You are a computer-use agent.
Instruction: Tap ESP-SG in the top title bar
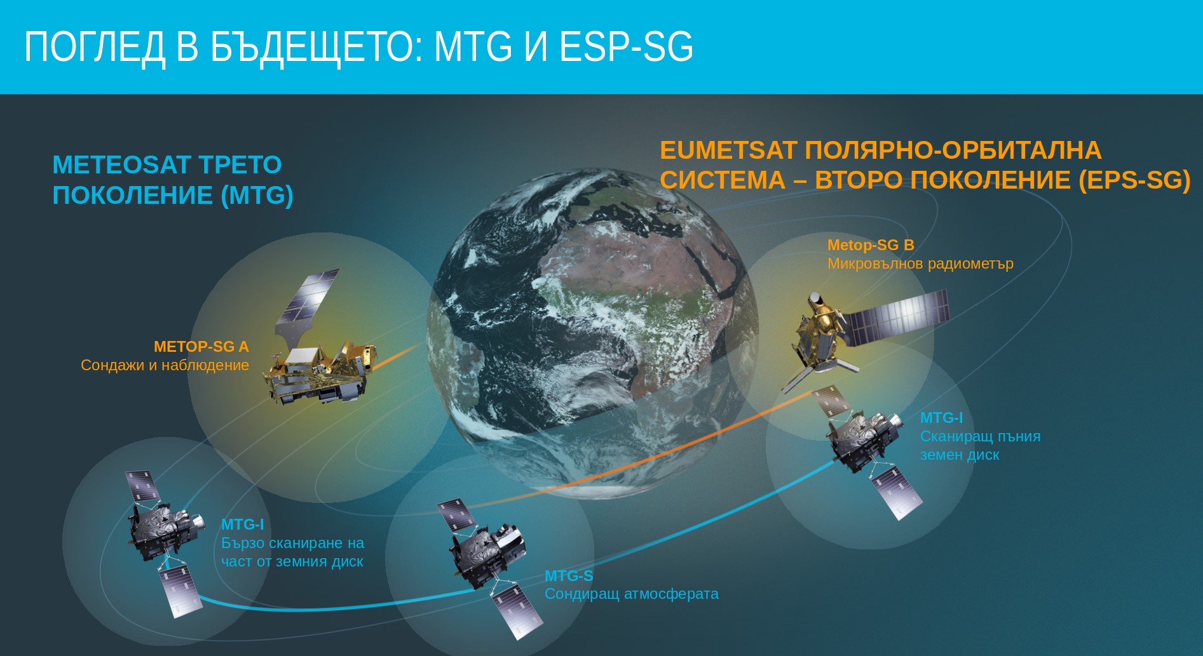coord(626,46)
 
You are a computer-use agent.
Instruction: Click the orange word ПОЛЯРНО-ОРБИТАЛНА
coord(953,151)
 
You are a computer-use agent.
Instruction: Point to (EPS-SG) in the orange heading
coord(1134,180)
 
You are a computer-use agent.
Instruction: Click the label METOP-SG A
coord(201,347)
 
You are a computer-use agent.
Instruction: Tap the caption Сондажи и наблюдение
coord(165,365)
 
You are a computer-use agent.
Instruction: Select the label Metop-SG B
coord(871,245)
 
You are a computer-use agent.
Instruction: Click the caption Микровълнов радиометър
coord(920,264)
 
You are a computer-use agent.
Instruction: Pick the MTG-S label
coord(569,576)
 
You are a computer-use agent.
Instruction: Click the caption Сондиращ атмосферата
coord(632,594)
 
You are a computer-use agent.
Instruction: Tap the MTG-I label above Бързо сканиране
coord(242,525)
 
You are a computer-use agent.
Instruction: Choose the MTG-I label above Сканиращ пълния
coord(941,418)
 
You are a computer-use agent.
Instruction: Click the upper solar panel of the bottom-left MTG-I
coord(142,486)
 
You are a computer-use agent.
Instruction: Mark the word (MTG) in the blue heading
coord(257,196)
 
